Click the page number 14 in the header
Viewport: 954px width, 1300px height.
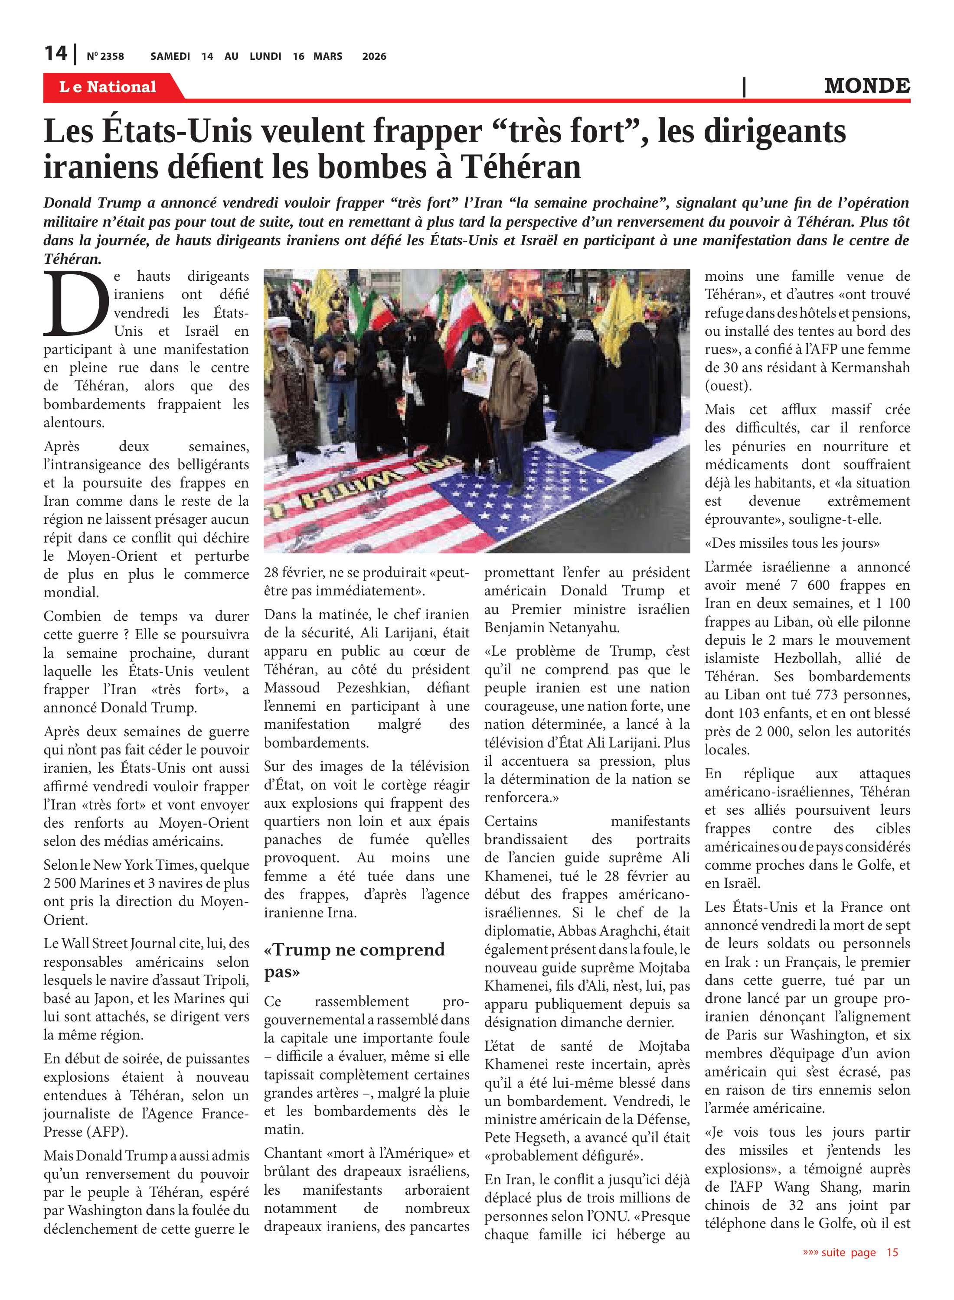pyautogui.click(x=56, y=54)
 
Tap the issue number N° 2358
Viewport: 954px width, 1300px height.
pyautogui.click(x=105, y=56)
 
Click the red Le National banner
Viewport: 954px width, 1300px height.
pyautogui.click(x=108, y=87)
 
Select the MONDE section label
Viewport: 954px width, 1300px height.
pyautogui.click(x=867, y=86)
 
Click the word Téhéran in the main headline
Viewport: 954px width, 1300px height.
pyautogui.click(x=520, y=167)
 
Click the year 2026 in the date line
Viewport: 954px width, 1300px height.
pyautogui.click(x=374, y=56)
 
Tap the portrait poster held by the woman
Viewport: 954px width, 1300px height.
pyautogui.click(x=479, y=374)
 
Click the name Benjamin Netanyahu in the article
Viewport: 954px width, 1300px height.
pyautogui.click(x=552, y=627)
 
